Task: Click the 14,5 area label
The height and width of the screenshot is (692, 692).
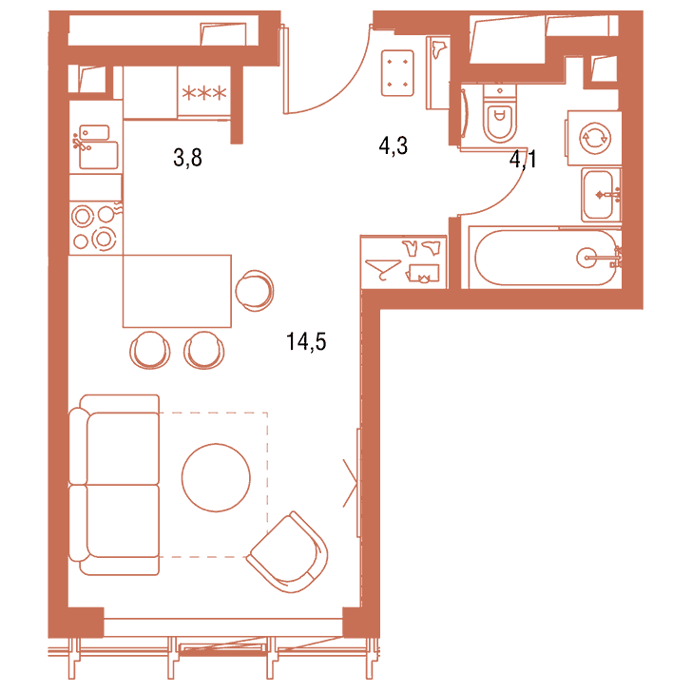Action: coord(306,342)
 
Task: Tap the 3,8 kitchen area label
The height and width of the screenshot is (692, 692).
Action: coord(187,158)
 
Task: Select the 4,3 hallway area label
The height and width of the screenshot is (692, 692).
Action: coord(394,145)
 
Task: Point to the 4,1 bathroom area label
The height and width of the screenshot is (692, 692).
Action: coord(523,159)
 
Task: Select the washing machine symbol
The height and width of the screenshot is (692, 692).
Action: coord(594,138)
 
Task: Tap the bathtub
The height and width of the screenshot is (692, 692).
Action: coord(546,258)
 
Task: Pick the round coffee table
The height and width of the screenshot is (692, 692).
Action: coord(216,477)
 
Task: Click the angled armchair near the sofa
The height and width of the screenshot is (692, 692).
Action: coord(289,552)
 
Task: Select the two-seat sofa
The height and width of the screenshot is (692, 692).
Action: coord(114,485)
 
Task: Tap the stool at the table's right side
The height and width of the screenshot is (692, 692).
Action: coord(255,291)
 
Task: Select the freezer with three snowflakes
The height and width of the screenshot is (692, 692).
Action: coord(203,92)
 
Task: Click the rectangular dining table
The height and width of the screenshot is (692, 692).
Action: coord(177,291)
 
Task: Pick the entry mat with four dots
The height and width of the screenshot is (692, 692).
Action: coord(397,73)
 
